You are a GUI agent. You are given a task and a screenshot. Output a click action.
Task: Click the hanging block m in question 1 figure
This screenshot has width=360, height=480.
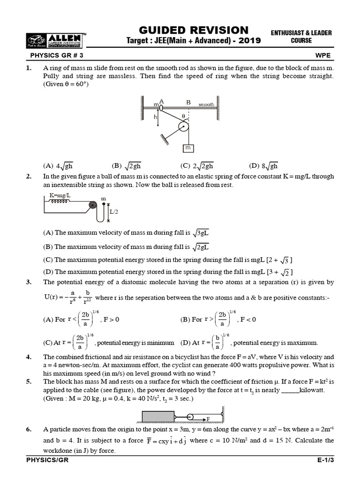tap(188, 148)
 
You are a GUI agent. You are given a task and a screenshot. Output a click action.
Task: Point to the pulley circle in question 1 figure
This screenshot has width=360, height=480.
tap(183, 127)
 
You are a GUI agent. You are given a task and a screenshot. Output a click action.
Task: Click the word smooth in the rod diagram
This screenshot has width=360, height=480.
tap(206, 104)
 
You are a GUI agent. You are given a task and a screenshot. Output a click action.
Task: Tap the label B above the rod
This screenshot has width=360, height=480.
tap(188, 101)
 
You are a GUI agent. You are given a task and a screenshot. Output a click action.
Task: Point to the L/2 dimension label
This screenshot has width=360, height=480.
tap(114, 212)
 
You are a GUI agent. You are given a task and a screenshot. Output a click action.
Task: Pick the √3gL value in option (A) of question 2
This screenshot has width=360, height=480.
tap(201, 232)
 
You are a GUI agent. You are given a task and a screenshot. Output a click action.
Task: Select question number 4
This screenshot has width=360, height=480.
tap(29, 357)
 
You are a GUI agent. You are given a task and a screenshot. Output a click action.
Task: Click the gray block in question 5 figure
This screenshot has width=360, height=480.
tap(157, 416)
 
